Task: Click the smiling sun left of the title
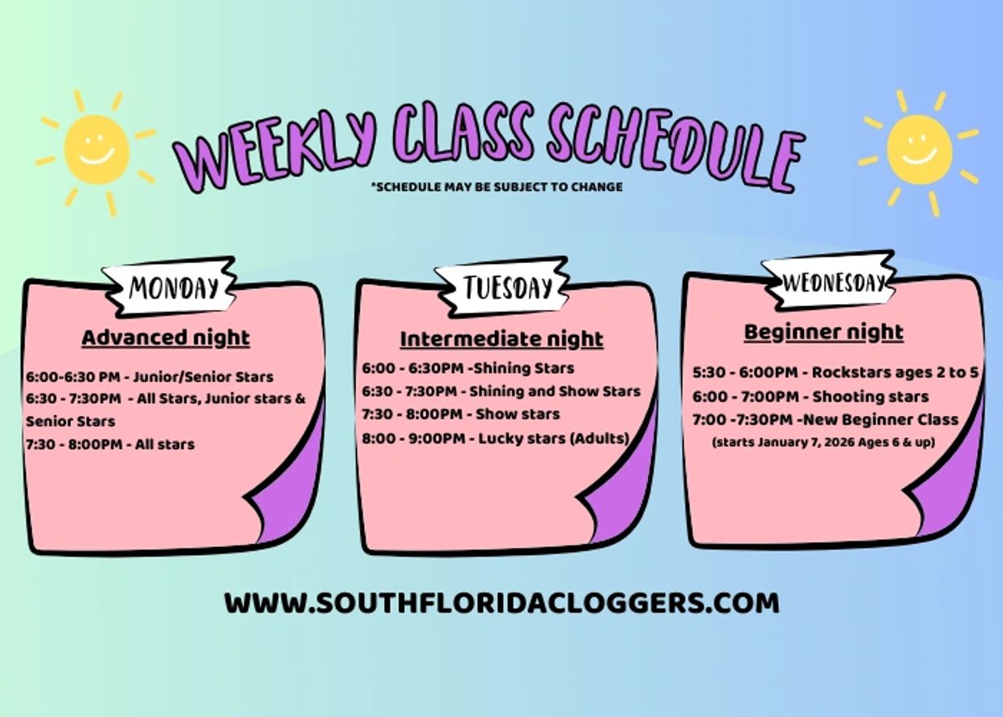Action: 96,149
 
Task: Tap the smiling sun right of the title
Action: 919,150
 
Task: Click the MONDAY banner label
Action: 173,287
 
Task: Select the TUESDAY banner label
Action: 507,287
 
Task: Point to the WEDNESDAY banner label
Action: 833,283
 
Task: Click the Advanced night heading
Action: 166,338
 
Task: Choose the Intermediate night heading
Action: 501,339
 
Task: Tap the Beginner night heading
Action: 823,333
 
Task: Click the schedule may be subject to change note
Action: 497,187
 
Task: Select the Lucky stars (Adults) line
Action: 496,438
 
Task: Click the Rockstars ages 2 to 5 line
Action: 836,372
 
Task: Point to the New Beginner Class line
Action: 825,420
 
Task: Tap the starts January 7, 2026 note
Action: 823,443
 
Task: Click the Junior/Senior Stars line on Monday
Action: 150,377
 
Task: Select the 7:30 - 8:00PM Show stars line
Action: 461,414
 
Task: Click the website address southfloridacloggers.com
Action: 502,603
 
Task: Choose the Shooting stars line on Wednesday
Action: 810,397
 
